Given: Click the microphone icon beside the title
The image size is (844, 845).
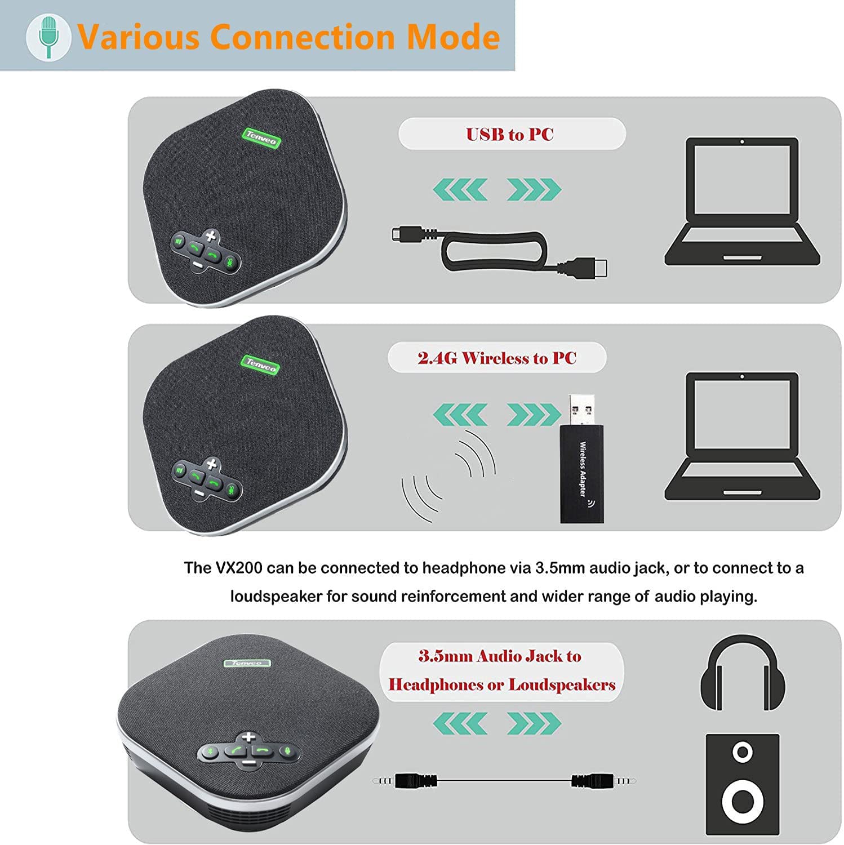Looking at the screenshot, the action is [48, 37].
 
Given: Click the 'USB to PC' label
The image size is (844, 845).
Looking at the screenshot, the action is [510, 135].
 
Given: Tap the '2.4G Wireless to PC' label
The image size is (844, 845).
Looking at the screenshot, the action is [497, 358].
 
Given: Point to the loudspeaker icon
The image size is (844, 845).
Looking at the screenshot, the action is [743, 784].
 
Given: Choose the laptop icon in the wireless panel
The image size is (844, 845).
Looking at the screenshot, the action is [742, 435].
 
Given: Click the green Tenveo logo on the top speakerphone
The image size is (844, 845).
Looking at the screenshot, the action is [261, 138].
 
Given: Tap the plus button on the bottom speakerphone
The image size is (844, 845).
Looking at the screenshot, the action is [248, 737].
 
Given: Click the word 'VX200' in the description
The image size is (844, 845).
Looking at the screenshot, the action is [239, 568].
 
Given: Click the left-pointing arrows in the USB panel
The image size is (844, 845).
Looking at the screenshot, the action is [460, 189].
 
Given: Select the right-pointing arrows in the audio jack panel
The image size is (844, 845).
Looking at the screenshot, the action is [534, 723].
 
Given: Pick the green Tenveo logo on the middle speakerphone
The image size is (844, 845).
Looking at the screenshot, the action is [261, 363].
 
